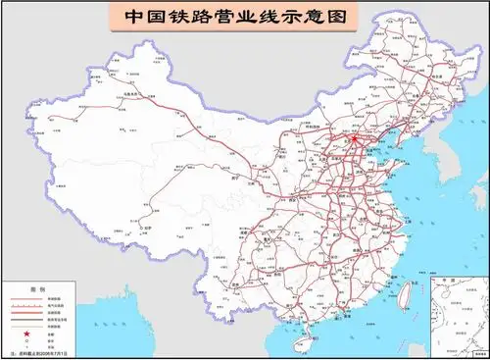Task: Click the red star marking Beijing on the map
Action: [x=355, y=139]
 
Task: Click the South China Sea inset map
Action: [x=458, y=313]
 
